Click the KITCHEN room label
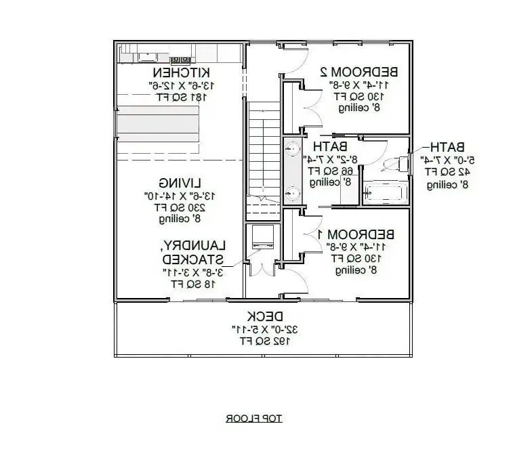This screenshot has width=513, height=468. (180, 72)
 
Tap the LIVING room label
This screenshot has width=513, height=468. (173, 183)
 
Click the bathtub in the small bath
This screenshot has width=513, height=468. (384, 192)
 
